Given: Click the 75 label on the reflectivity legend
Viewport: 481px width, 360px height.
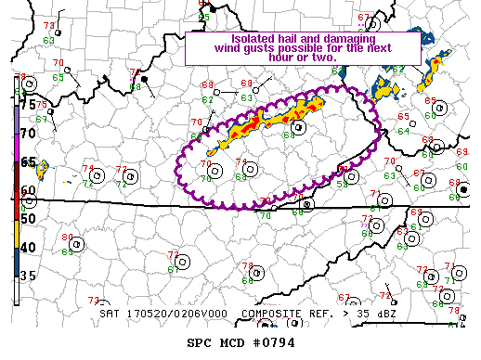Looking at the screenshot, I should tap(28, 105).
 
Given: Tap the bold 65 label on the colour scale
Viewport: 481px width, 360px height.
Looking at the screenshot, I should tap(28, 161).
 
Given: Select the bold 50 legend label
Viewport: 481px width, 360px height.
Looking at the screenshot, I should tap(28, 218).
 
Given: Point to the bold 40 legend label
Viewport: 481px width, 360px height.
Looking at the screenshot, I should tap(28, 247).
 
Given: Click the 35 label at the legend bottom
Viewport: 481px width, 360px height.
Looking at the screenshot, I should tap(28, 276).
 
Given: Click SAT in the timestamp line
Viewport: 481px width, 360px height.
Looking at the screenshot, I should tap(110, 314).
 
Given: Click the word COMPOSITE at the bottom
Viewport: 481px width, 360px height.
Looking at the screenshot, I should tap(273, 314).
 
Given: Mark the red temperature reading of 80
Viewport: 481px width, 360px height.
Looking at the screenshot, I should tap(67, 237).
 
